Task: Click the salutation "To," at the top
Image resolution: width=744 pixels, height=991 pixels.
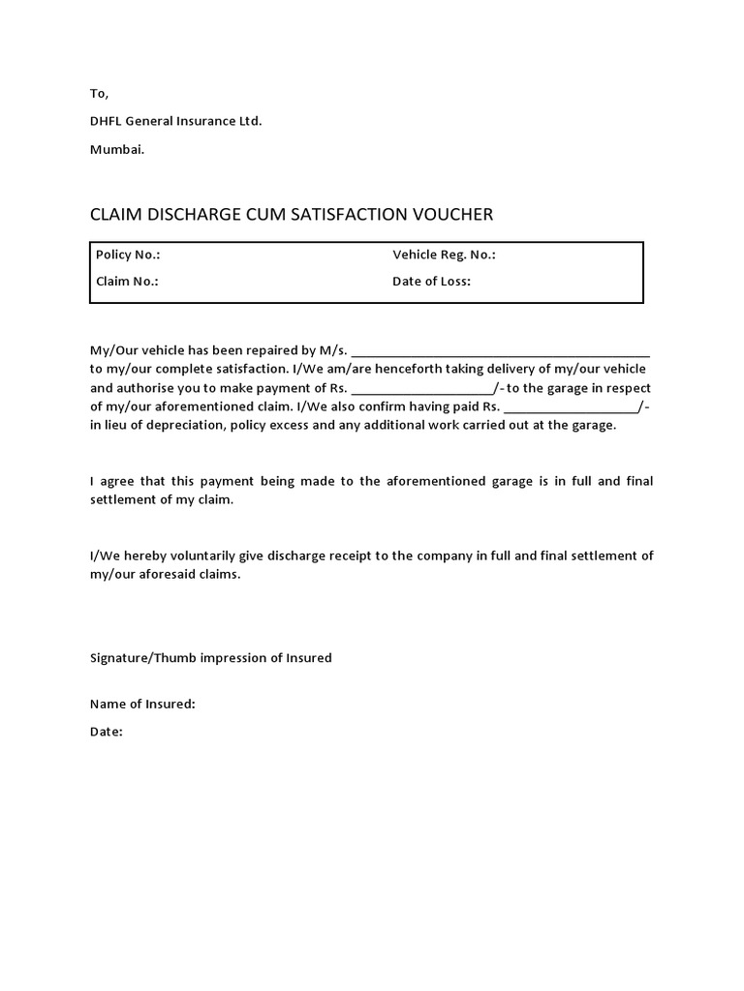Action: point(100,94)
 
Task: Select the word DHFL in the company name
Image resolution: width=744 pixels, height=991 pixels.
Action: point(108,121)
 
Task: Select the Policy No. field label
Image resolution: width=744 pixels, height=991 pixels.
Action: point(128,255)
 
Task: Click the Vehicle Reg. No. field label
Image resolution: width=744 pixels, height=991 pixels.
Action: point(444,255)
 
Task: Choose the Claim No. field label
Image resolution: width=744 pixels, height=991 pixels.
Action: point(127,282)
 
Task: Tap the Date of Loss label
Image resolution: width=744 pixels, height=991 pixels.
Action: point(431,282)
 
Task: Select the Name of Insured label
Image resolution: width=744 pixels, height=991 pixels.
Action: point(142,704)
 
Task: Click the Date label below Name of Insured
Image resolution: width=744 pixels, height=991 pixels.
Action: point(107,732)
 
